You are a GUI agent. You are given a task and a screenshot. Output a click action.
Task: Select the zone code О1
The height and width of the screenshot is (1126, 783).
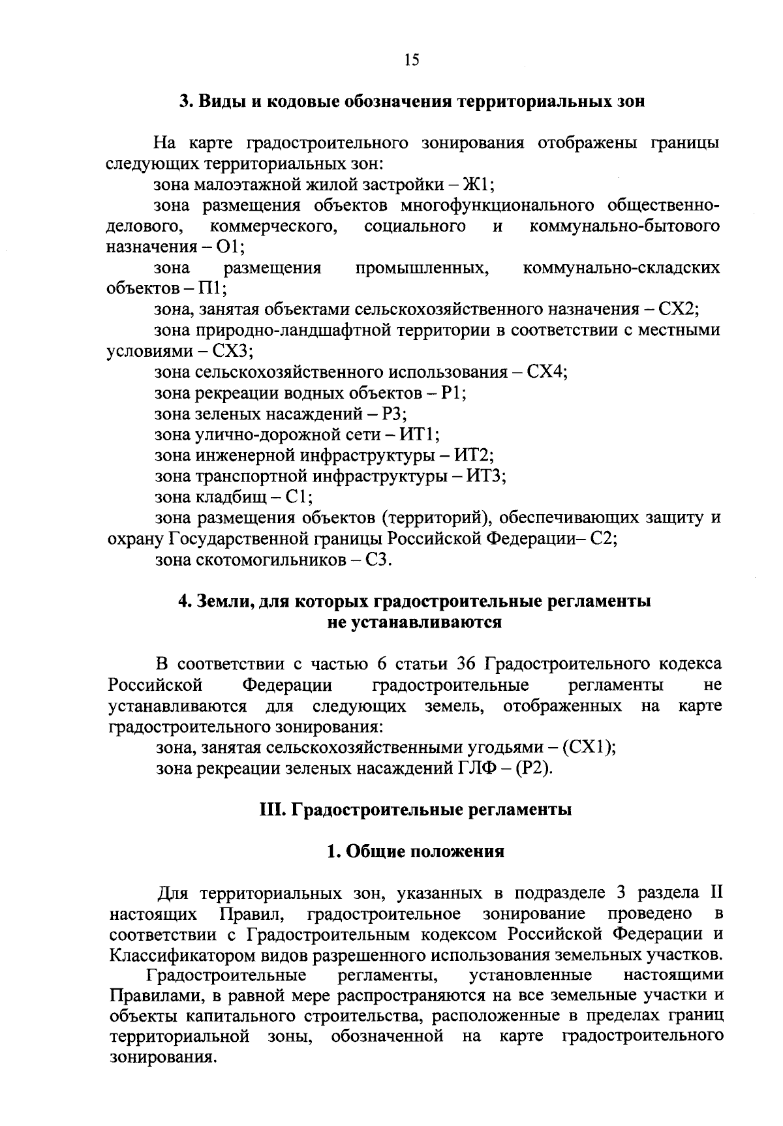click(x=228, y=247)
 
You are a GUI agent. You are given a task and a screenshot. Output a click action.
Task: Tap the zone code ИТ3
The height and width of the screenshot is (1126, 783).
click(x=485, y=476)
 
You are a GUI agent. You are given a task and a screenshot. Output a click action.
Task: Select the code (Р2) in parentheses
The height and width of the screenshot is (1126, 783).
click(x=534, y=768)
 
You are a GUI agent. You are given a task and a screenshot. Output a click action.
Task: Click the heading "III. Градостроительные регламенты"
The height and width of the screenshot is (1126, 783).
click(x=415, y=810)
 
